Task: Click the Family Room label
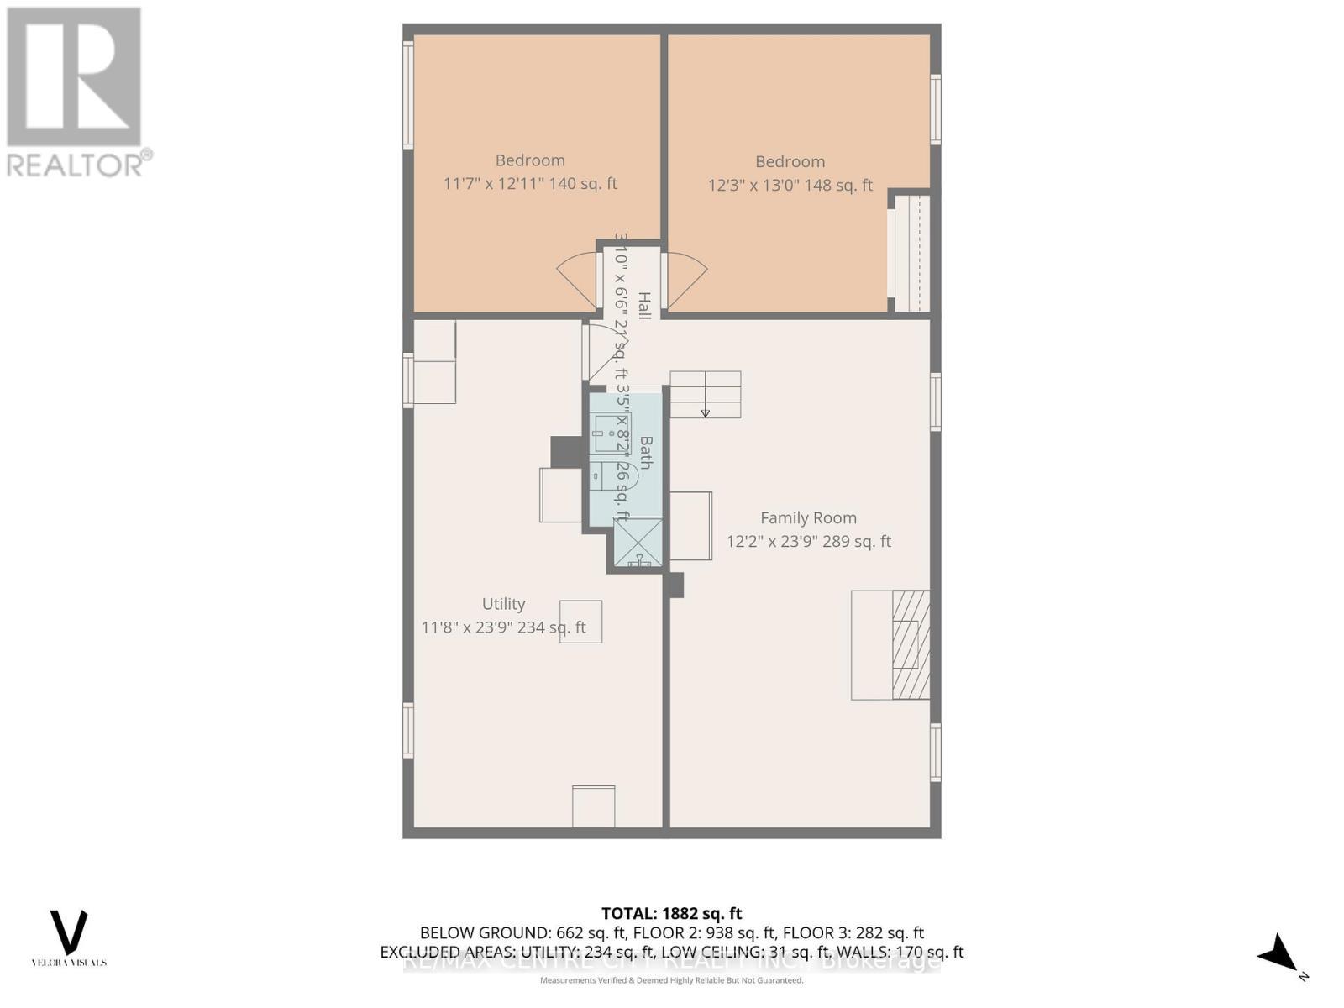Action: pyautogui.click(x=808, y=518)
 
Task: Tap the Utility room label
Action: pyautogui.click(x=503, y=604)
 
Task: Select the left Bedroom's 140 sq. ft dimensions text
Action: pyautogui.click(x=530, y=183)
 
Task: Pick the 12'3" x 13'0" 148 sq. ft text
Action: pyautogui.click(x=790, y=185)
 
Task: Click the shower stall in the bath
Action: pyautogui.click(x=638, y=542)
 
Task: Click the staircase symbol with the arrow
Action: pyautogui.click(x=705, y=395)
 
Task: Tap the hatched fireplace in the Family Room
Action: pyautogui.click(x=911, y=644)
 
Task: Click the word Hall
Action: pyautogui.click(x=644, y=306)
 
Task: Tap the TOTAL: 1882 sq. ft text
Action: pyautogui.click(x=671, y=913)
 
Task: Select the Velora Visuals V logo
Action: pyautogui.click(x=69, y=932)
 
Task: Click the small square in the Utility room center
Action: pyautogui.click(x=580, y=622)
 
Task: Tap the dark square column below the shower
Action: pyautogui.click(x=675, y=585)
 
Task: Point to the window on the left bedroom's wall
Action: pyautogui.click(x=408, y=95)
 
